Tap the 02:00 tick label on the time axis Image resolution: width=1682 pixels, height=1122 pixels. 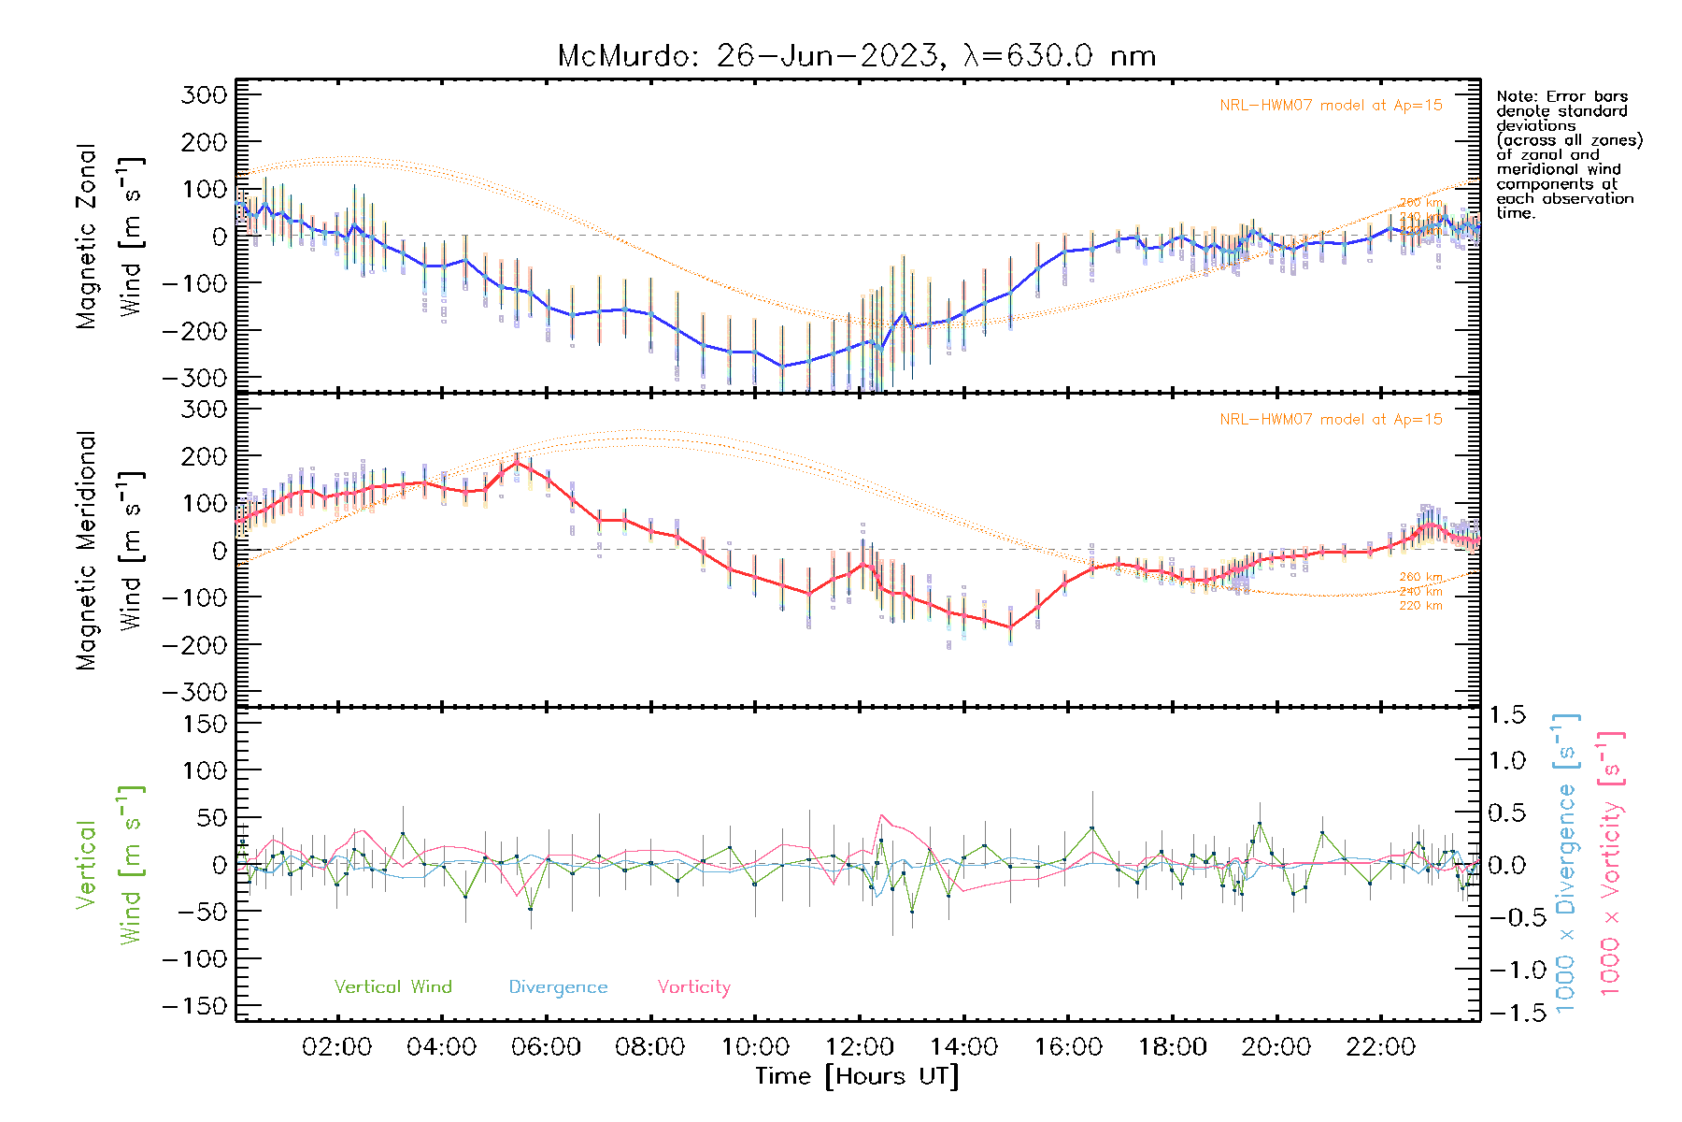coord(337,1047)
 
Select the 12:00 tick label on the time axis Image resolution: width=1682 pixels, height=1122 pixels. coord(860,1047)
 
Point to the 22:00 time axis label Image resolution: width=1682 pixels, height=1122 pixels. coord(1380,1047)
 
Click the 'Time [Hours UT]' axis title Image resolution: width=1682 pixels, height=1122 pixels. coord(857,1076)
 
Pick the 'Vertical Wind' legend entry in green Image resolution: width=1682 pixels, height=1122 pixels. coord(392,987)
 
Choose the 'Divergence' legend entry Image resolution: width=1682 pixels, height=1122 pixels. coord(558,987)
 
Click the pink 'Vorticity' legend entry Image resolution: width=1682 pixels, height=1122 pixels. coord(693,987)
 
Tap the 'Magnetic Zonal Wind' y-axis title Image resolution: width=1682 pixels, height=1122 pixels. coord(109,236)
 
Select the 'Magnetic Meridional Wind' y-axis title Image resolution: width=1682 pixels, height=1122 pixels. coord(109,550)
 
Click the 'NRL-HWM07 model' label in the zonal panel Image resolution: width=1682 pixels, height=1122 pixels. coord(1331,106)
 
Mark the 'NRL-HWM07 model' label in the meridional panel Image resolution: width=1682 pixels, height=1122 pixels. coord(1331,420)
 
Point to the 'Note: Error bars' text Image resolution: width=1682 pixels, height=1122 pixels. coord(1561,96)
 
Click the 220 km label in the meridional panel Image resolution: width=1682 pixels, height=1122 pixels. coord(1420,606)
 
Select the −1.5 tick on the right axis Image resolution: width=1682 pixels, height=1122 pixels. coord(1506,1013)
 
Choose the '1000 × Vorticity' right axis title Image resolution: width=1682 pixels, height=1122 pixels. coord(1610,864)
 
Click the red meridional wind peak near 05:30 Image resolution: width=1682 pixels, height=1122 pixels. coord(517,462)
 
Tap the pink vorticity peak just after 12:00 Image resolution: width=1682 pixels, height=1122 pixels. coord(880,815)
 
